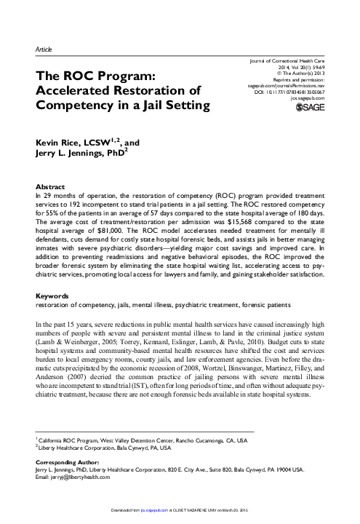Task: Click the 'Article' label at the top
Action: click(43, 48)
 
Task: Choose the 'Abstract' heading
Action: click(49, 186)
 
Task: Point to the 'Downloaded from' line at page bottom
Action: click(180, 518)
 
